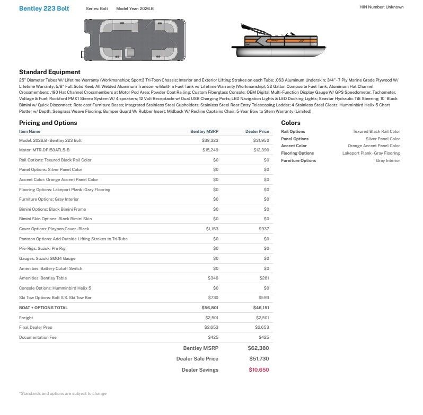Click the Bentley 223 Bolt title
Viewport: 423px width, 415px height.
(x=44, y=8)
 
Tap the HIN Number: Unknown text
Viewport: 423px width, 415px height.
(x=381, y=7)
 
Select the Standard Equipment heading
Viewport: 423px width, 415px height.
(x=50, y=72)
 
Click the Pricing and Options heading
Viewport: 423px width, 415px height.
(x=48, y=123)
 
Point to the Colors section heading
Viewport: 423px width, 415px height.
(x=290, y=123)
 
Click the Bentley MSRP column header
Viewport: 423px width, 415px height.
(x=204, y=131)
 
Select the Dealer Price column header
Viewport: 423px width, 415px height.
(x=257, y=131)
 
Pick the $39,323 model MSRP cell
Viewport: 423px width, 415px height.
(x=210, y=140)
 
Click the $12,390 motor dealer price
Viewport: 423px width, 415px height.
(x=261, y=150)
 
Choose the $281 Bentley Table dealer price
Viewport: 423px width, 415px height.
(x=264, y=278)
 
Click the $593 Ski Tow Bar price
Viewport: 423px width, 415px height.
(x=264, y=297)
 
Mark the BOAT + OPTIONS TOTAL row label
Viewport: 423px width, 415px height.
(x=43, y=308)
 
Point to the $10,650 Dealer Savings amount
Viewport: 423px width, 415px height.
(x=259, y=369)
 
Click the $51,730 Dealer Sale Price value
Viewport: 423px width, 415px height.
(x=259, y=359)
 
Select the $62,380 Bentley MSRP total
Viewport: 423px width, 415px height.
(x=259, y=348)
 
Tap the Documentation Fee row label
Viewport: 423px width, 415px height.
(x=38, y=337)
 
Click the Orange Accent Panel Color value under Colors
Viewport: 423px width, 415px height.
(x=374, y=146)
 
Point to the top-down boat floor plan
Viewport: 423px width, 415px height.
(x=134, y=40)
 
